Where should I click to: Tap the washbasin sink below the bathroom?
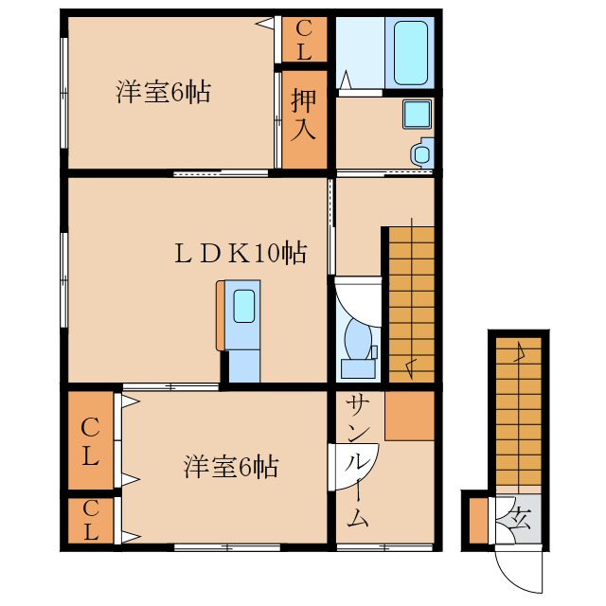(416, 115)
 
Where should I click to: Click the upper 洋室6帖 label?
(163, 93)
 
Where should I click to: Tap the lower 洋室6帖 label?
(230, 467)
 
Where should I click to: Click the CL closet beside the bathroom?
(304, 40)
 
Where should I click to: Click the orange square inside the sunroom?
(409, 414)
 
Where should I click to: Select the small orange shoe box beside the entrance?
(478, 520)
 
